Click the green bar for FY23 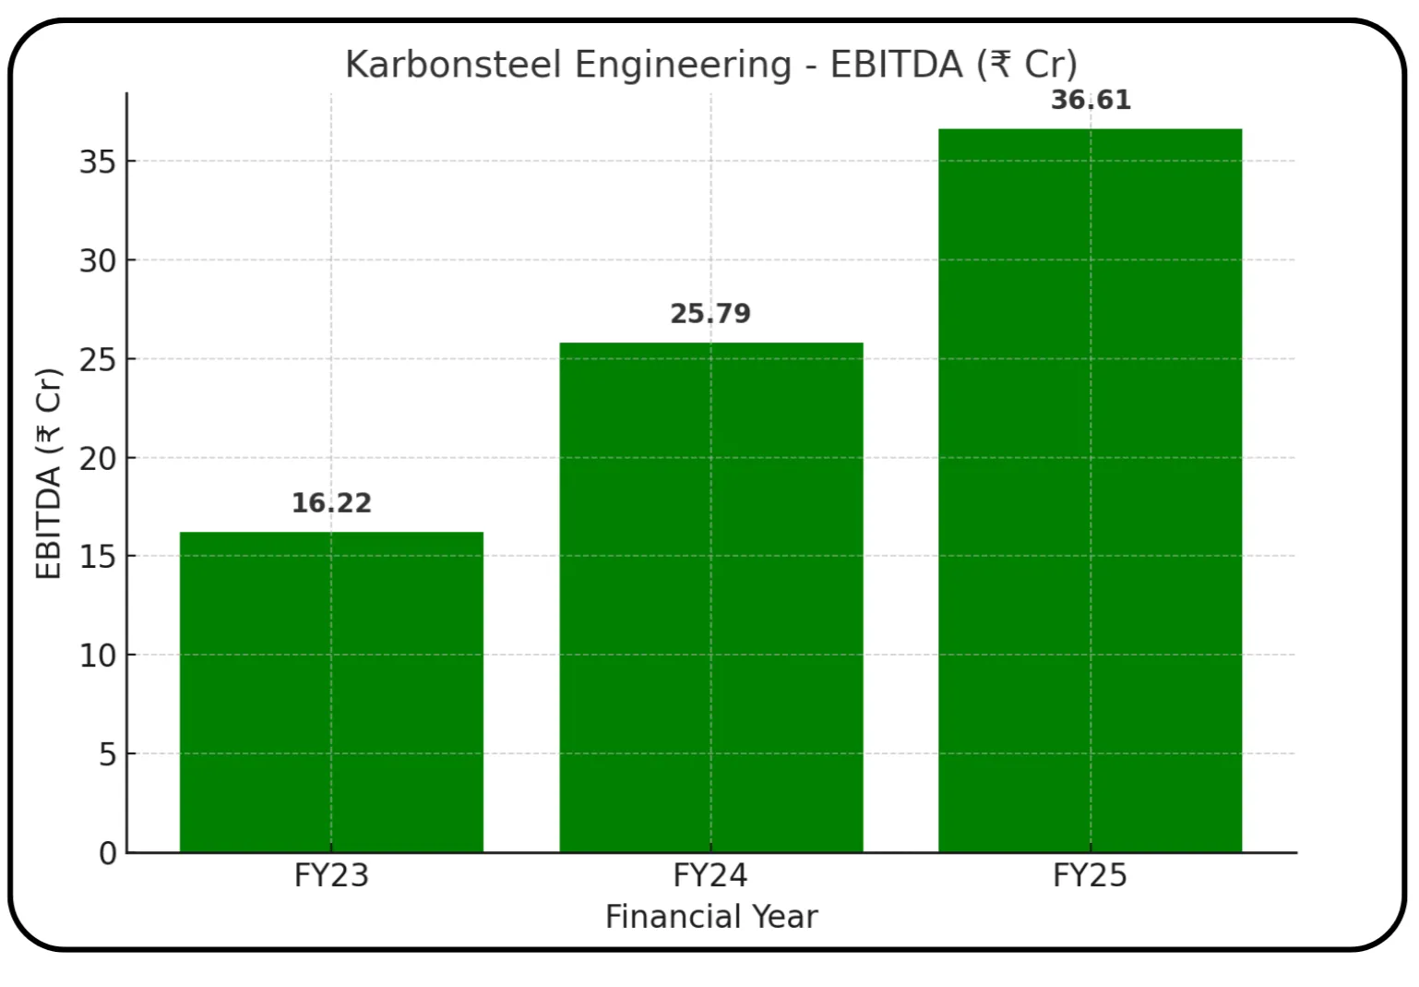click(331, 692)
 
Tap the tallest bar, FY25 click(1090, 490)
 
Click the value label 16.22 click(331, 503)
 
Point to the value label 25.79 click(710, 314)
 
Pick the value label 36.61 click(1091, 100)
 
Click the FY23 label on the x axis click(331, 875)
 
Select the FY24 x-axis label click(710, 875)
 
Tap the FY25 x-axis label click(1090, 875)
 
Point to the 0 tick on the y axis click(108, 853)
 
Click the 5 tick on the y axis click(108, 754)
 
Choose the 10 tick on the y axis click(98, 656)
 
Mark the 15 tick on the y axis click(98, 557)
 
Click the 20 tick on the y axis click(98, 458)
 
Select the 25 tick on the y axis click(98, 359)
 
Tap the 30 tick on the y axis click(98, 260)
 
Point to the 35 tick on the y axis click(98, 162)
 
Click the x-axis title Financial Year click(711, 917)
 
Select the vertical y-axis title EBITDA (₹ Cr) click(48, 474)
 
